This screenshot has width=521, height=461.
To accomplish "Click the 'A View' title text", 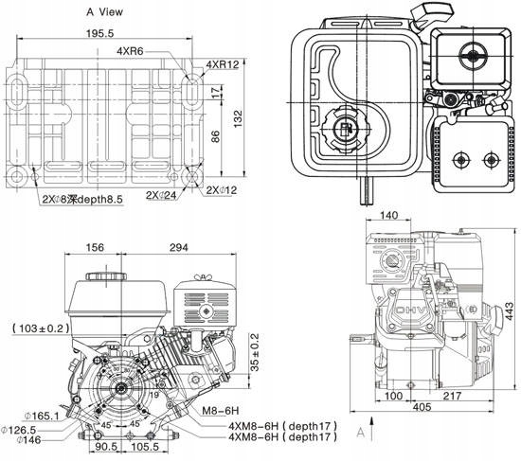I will pos(106,12).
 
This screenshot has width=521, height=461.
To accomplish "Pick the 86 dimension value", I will pos(217,135).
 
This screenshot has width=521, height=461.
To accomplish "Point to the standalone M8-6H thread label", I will pos(220,412).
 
